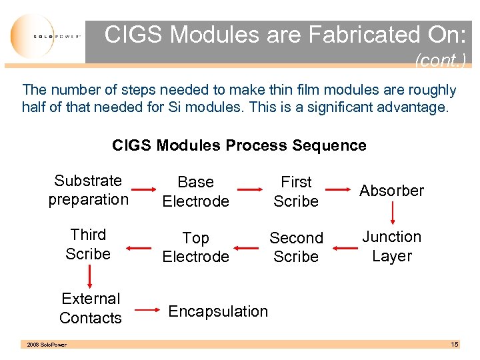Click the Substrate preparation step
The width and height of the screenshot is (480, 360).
click(x=88, y=190)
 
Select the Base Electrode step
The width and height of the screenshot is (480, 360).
click(x=195, y=191)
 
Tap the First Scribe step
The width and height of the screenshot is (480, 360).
click(x=296, y=191)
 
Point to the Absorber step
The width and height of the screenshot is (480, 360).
click(x=391, y=191)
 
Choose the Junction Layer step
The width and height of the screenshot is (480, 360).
click(x=391, y=247)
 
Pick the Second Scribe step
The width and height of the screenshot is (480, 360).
click(x=296, y=247)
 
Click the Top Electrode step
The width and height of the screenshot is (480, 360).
click(x=195, y=247)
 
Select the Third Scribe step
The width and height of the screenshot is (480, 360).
click(x=88, y=244)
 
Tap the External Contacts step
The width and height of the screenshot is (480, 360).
click(x=91, y=308)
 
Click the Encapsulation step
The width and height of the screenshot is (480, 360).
click(x=218, y=311)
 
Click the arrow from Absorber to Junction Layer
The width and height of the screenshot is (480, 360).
click(x=392, y=213)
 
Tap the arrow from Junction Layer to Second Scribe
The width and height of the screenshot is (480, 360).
click(x=345, y=248)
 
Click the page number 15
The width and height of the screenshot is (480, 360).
click(x=454, y=345)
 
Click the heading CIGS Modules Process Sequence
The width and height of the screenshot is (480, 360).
click(x=239, y=145)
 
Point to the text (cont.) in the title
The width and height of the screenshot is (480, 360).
click(x=439, y=61)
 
